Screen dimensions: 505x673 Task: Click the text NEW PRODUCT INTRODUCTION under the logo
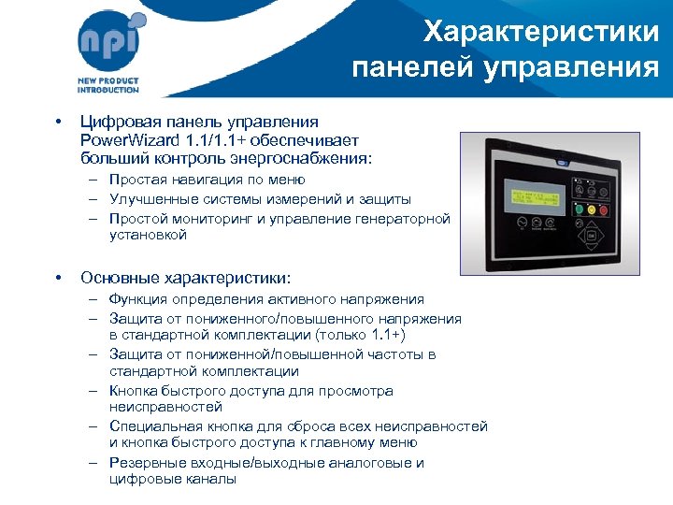[107, 85]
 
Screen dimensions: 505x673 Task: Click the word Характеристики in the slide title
[541, 33]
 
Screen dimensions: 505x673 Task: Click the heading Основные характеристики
[186, 278]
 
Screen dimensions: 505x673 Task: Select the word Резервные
[145, 463]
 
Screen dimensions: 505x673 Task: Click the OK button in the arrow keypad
[592, 238]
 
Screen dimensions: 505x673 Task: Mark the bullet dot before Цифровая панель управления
[58, 123]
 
